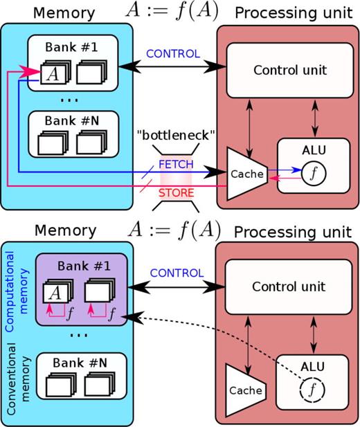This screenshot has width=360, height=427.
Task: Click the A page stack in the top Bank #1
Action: pos(51,73)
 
